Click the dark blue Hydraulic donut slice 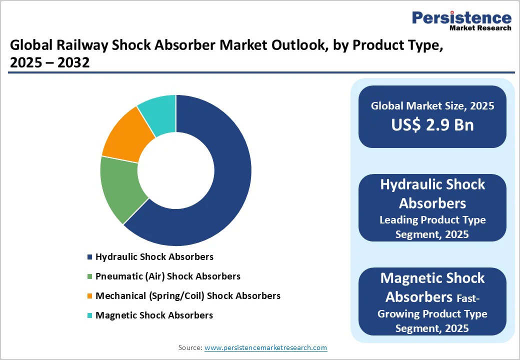[x=225, y=190]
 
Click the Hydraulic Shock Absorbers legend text [x=154, y=256]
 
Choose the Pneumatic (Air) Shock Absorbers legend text [x=167, y=276]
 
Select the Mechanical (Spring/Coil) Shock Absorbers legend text [x=187, y=295]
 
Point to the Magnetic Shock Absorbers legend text [x=154, y=315]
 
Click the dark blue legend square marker [x=89, y=257]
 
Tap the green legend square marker [x=89, y=276]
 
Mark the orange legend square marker [x=89, y=296]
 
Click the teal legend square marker [x=89, y=315]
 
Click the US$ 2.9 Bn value [x=432, y=125]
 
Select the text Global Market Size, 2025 [x=432, y=105]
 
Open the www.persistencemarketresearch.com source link [x=265, y=347]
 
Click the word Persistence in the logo [x=461, y=18]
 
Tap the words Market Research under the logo [x=480, y=28]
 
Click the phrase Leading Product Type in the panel [x=432, y=220]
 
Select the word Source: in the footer [x=190, y=347]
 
